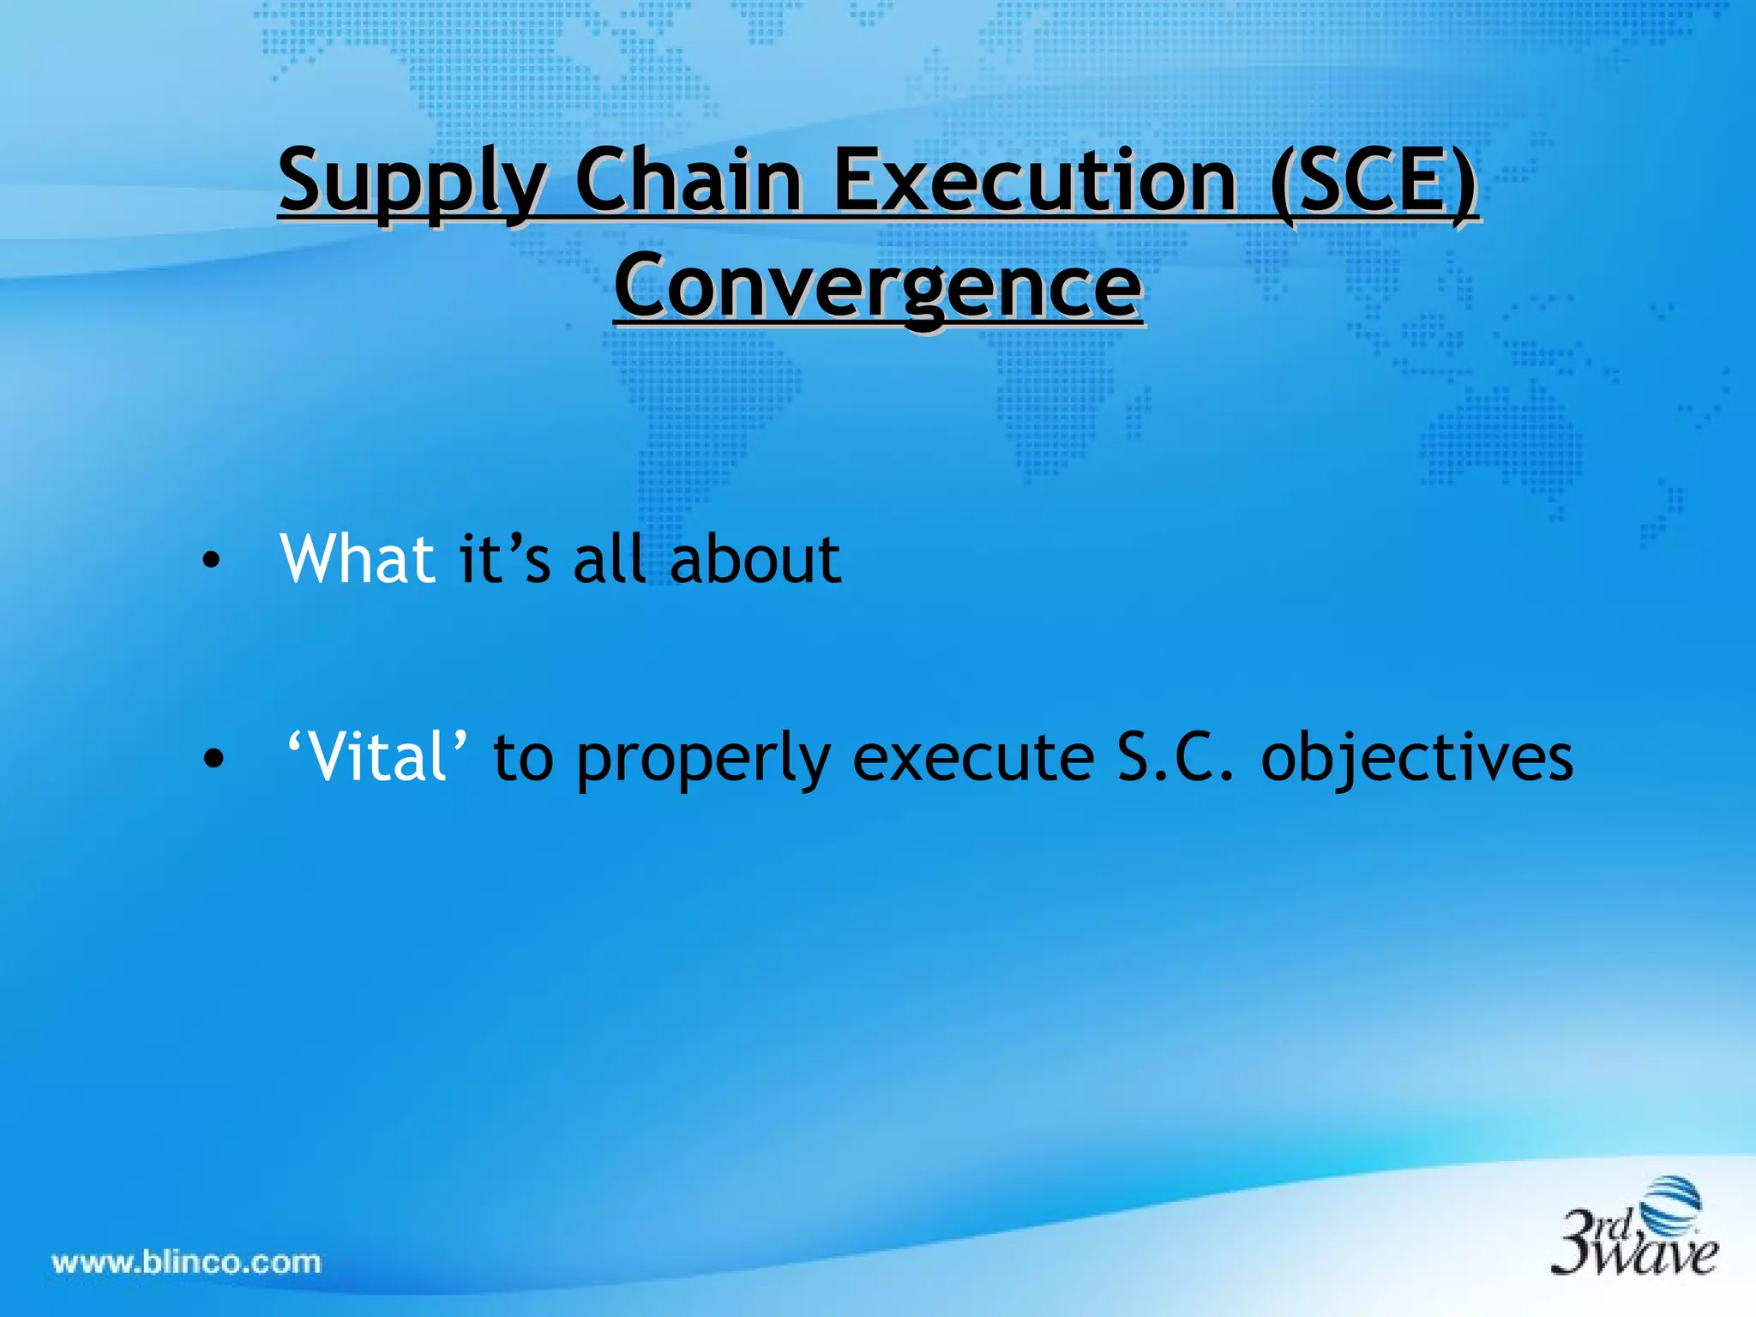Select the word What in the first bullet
[358, 559]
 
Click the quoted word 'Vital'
[376, 757]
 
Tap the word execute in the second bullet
[973, 758]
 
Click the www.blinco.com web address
[186, 1262]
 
